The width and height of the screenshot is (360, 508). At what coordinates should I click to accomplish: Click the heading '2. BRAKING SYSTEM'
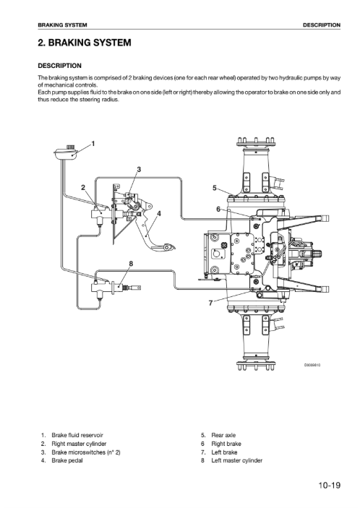point(85,43)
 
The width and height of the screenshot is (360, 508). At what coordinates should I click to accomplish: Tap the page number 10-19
point(329,486)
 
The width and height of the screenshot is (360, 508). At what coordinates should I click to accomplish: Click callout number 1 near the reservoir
point(93,144)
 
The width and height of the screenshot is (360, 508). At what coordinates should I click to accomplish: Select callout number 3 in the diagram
point(139,169)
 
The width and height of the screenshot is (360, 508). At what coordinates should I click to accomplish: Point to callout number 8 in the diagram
point(131,264)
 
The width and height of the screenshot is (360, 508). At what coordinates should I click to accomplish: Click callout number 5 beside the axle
point(214,188)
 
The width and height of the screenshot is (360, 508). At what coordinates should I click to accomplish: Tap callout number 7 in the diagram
point(210,303)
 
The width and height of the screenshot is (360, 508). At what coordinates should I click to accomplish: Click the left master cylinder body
point(101,287)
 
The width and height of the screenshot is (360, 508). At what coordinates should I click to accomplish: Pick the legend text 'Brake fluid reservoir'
point(77,435)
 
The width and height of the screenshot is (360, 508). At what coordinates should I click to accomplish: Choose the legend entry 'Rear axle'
point(223,435)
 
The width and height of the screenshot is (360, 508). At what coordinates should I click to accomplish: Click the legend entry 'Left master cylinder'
point(237,460)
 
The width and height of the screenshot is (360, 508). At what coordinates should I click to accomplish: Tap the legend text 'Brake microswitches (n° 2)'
point(86,452)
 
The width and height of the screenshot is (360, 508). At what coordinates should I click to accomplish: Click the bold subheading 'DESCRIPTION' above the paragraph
point(59,66)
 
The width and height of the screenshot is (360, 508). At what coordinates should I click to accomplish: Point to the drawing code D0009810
point(312,366)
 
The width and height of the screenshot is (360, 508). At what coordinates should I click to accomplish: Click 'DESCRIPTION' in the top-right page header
point(322,25)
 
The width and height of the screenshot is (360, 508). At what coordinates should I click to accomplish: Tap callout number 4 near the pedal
point(159,214)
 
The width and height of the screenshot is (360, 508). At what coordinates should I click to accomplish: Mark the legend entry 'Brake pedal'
point(67,460)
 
